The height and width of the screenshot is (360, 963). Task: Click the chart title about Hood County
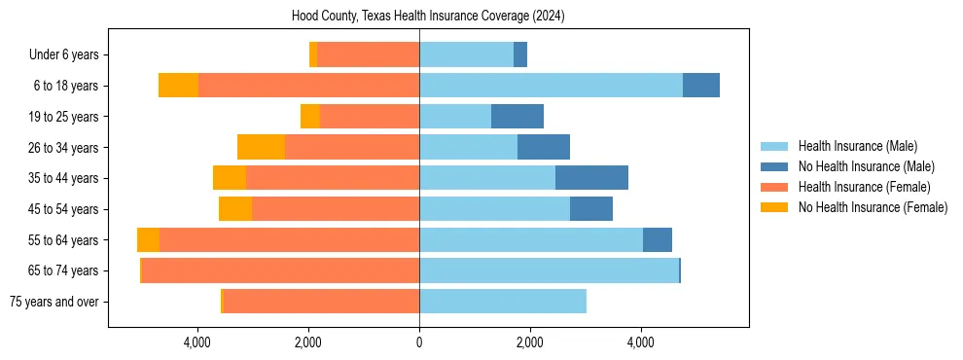pyautogui.click(x=428, y=17)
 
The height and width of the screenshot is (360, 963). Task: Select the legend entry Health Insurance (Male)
pyautogui.click(x=857, y=146)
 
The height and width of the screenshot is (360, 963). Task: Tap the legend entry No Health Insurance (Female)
pyautogui.click(x=872, y=207)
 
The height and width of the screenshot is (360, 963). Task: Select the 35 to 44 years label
pyautogui.click(x=63, y=178)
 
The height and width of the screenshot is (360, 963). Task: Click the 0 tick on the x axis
pyautogui.click(x=419, y=342)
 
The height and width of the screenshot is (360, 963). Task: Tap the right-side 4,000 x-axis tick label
pyautogui.click(x=640, y=342)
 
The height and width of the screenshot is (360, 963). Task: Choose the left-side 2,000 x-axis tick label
pyautogui.click(x=308, y=342)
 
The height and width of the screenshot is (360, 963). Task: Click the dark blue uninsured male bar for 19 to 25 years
pyautogui.click(x=517, y=117)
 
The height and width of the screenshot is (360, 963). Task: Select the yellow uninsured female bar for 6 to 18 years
pyautogui.click(x=178, y=86)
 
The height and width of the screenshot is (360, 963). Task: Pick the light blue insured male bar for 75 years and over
pyautogui.click(x=503, y=302)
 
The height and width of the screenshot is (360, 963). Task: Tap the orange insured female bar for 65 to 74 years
pyautogui.click(x=280, y=270)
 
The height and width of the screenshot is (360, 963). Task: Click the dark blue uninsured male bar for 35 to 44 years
pyautogui.click(x=591, y=178)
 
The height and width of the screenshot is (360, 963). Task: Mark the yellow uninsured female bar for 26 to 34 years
pyautogui.click(x=261, y=147)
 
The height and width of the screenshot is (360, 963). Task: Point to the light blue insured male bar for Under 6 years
pyautogui.click(x=466, y=54)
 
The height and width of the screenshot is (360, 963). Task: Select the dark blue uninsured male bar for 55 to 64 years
pyautogui.click(x=658, y=239)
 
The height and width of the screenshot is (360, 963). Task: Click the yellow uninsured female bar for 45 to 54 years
pyautogui.click(x=235, y=209)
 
